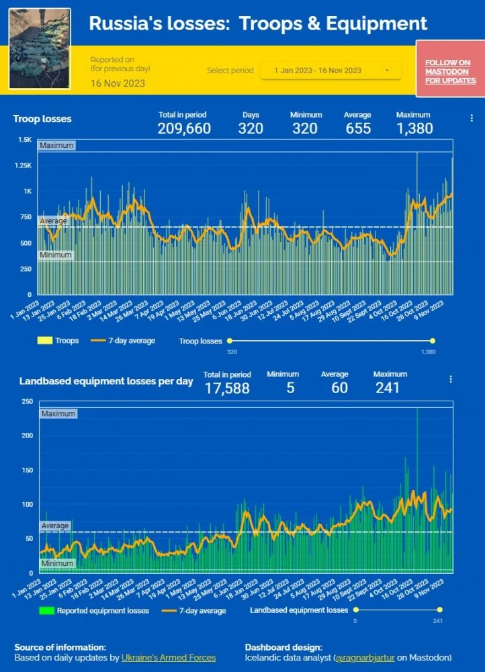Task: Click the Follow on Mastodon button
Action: pyautogui.click(x=448, y=71)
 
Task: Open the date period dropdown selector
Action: pyautogui.click(x=330, y=71)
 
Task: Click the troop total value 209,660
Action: pyautogui.click(x=184, y=128)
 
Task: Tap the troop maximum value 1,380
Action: pyautogui.click(x=414, y=128)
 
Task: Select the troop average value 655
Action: pyautogui.click(x=358, y=128)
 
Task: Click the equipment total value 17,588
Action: pyautogui.click(x=227, y=388)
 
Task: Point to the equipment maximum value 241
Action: pyautogui.click(x=388, y=388)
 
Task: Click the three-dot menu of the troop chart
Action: pyautogui.click(x=472, y=118)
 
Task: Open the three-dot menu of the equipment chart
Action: pyautogui.click(x=451, y=379)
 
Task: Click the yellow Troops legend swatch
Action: pyautogui.click(x=45, y=341)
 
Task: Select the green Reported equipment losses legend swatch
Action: pyautogui.click(x=46, y=611)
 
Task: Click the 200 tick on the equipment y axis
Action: pyautogui.click(x=26, y=435)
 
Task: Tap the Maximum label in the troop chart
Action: pyautogui.click(x=56, y=145)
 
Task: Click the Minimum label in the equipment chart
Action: pyautogui.click(x=57, y=563)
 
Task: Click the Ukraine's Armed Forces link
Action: pyautogui.click(x=169, y=657)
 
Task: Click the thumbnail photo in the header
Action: pyautogui.click(x=40, y=48)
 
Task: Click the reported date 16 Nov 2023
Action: pyautogui.click(x=118, y=83)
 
